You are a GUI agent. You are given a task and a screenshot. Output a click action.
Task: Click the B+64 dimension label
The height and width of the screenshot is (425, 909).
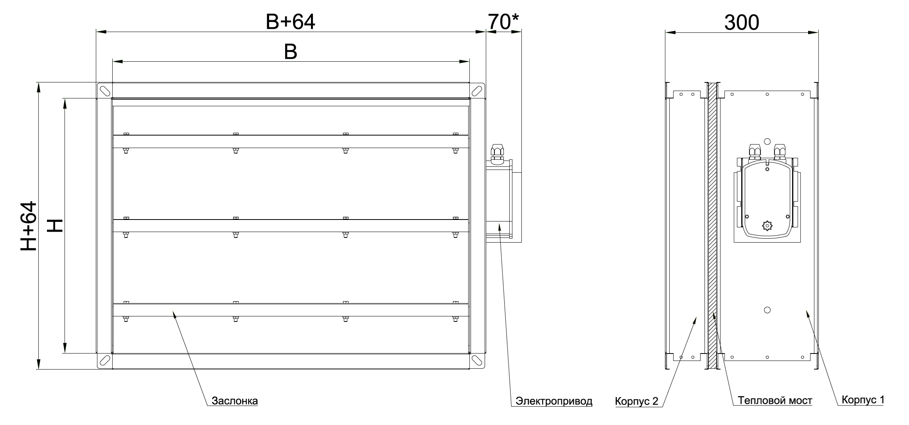(x=290, y=22)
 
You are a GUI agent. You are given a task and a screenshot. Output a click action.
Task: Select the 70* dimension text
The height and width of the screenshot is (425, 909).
(x=504, y=22)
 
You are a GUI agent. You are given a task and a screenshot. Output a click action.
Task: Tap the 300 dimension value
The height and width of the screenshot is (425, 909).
(x=742, y=23)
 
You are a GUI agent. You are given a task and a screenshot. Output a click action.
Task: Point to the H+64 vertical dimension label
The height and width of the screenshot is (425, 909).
(x=29, y=226)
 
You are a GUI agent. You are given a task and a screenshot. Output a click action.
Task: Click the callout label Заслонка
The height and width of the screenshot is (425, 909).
(x=235, y=401)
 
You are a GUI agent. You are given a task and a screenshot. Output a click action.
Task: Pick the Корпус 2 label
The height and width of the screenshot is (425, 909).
(x=637, y=401)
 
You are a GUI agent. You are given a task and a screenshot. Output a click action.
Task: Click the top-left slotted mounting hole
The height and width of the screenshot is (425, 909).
(x=104, y=90)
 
